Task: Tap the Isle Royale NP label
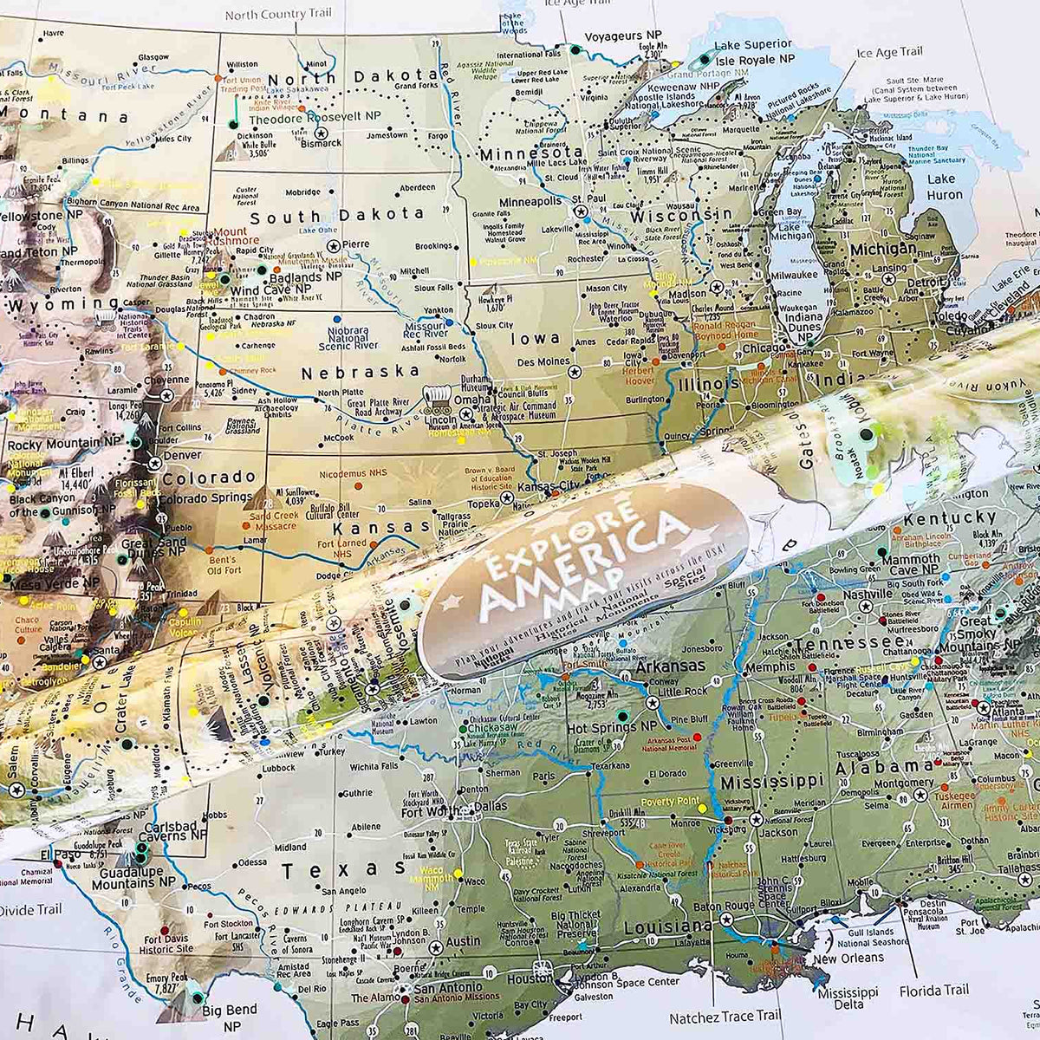point(753,59)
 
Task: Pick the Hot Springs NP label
point(613,729)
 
